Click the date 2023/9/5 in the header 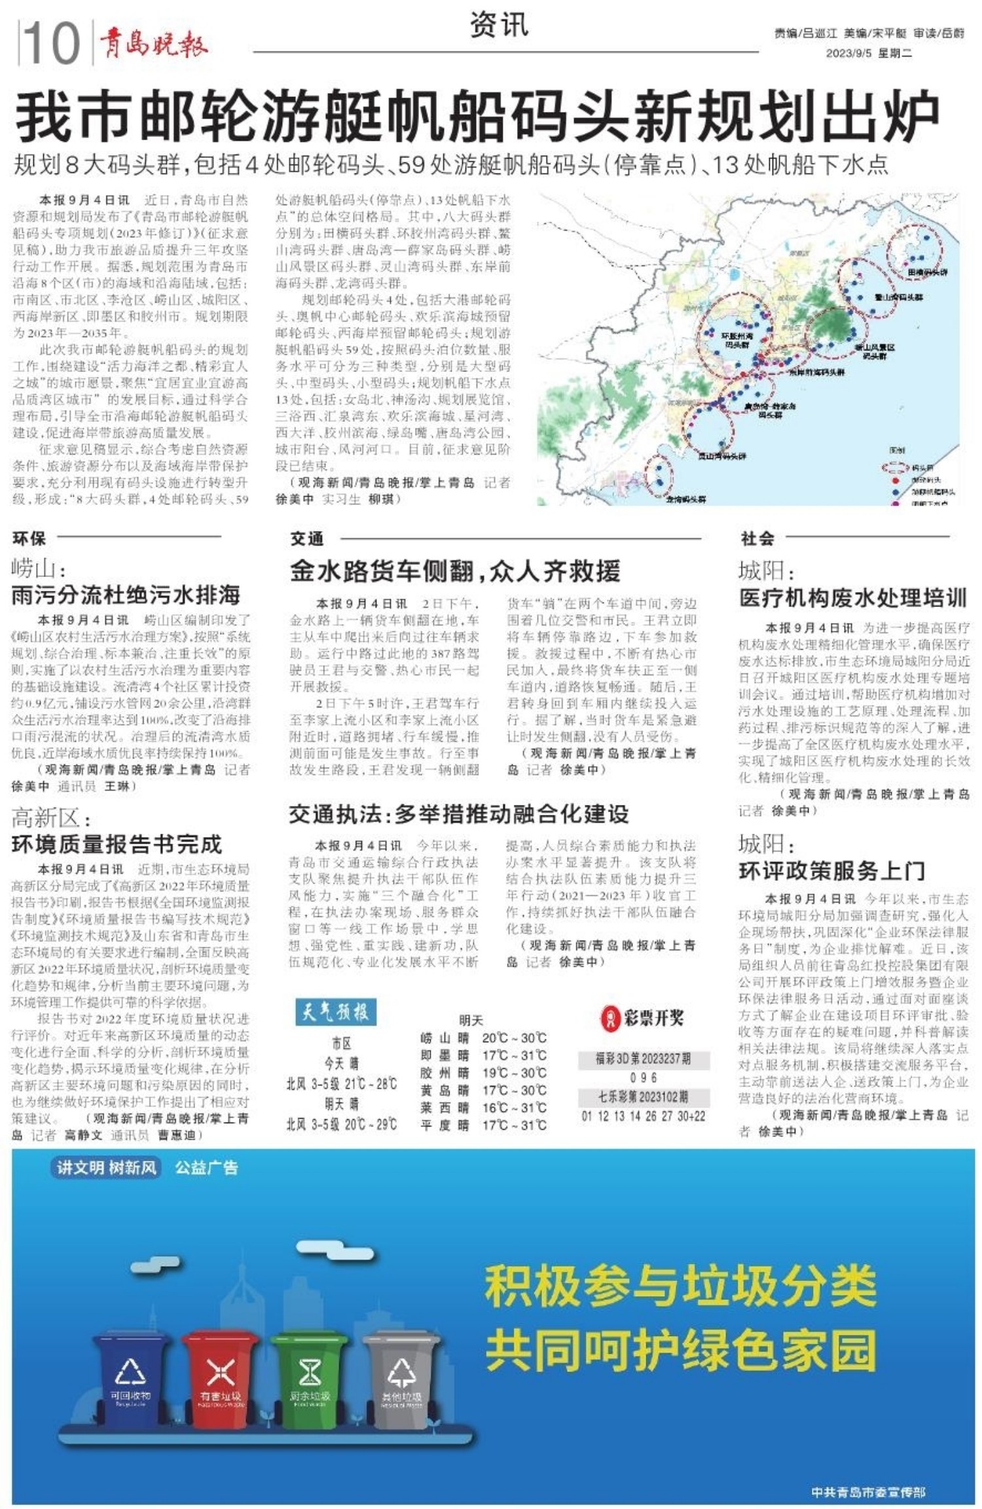point(848,53)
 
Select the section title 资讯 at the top point(499,26)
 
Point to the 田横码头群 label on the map point(927,271)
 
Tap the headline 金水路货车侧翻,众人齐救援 point(455,571)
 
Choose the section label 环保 point(29,538)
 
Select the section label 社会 point(757,538)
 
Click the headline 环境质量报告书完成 point(117,844)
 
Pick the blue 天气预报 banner point(335,1012)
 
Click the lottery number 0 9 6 point(643,1077)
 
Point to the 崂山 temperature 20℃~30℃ point(514,1038)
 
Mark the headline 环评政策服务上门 point(831,870)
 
